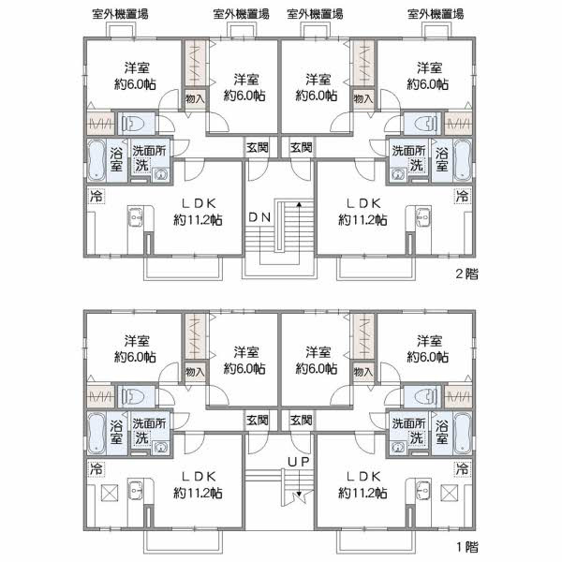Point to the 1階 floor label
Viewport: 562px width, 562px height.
pyautogui.click(x=466, y=545)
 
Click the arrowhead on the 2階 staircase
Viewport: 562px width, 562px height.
pyautogui.click(x=299, y=203)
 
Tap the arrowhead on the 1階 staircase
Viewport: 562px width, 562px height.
pyautogui.click(x=299, y=494)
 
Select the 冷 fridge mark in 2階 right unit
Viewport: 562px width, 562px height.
pyautogui.click(x=461, y=196)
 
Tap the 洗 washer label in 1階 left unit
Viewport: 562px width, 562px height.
pyautogui.click(x=141, y=437)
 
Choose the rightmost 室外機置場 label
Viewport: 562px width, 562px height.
pyautogui.click(x=436, y=14)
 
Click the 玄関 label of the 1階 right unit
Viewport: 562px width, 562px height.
pyautogui.click(x=301, y=419)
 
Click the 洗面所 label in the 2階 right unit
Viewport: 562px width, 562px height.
pyautogui.click(x=408, y=151)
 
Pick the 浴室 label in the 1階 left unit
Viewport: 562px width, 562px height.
pyautogui.click(x=117, y=430)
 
